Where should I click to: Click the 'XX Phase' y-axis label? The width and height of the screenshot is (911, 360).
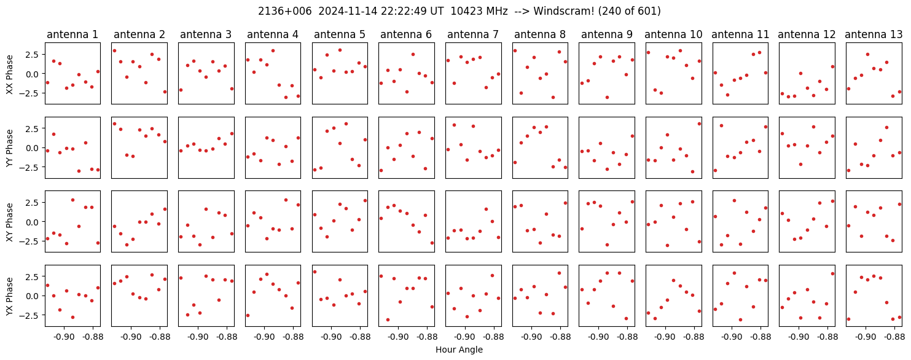[9, 74]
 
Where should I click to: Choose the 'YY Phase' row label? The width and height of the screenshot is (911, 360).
[9, 147]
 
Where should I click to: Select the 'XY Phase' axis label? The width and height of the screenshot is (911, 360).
[9, 221]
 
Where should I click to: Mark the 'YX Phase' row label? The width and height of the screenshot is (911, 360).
[9, 295]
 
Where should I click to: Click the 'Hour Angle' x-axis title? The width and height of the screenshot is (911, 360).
[459, 350]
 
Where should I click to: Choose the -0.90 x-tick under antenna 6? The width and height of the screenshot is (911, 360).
[398, 337]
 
